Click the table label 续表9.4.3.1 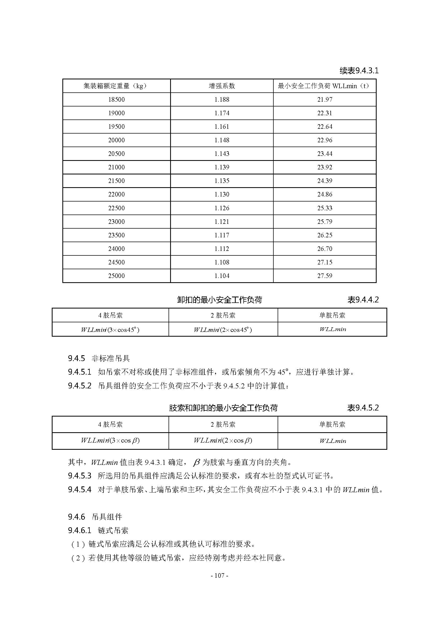point(359,71)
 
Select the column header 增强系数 point(222,86)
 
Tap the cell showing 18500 point(117,100)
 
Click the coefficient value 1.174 point(222,113)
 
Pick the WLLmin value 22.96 point(324,140)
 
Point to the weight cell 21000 point(117,167)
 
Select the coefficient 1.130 point(222,194)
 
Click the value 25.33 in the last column point(324,208)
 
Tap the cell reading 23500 point(117,235)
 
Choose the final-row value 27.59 point(324,276)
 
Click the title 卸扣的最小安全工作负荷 point(219,300)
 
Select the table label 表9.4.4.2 point(363,300)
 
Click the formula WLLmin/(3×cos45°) point(110,329)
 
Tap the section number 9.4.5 point(76,359)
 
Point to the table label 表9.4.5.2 point(363,408)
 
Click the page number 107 point(219,576)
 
